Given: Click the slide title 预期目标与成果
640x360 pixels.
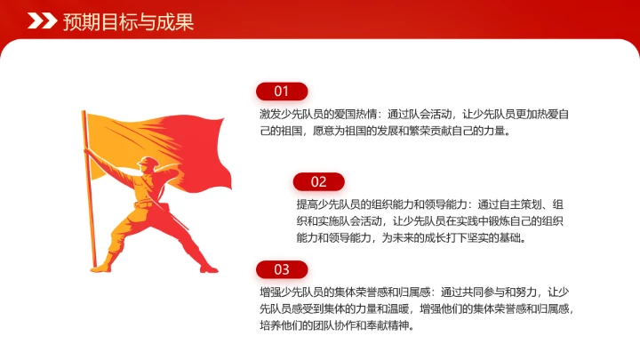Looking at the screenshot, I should click(128, 22).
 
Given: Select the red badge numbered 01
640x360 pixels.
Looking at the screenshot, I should click(282, 91).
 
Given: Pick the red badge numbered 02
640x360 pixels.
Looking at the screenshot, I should click(319, 181).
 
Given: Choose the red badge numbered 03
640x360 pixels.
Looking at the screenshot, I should click(282, 269).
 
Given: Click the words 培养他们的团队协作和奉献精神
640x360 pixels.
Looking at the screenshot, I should click(337, 325).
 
